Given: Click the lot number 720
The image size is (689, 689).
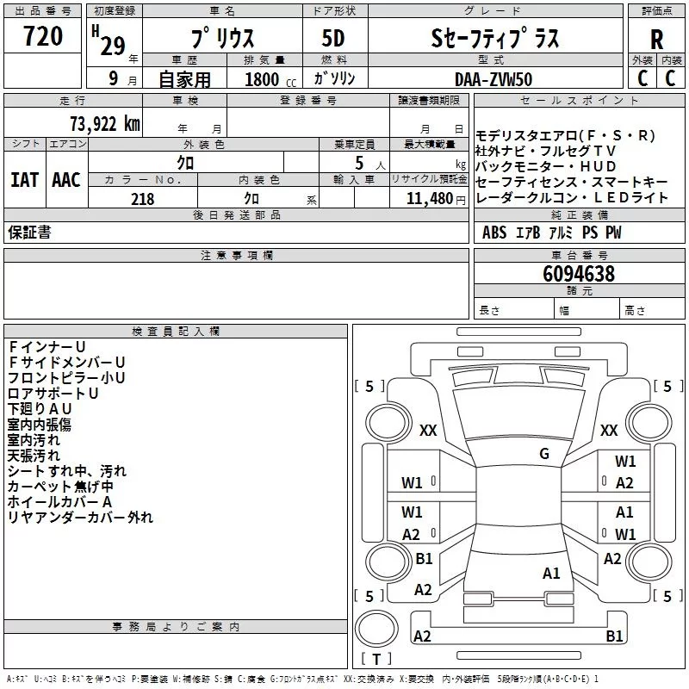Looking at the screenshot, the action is pyautogui.click(x=42, y=37).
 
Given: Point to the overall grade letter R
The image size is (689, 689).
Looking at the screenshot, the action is pyautogui.click(x=656, y=40).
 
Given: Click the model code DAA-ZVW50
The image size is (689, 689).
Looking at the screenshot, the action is pyautogui.click(x=494, y=78).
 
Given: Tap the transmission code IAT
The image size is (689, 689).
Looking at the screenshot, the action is pyautogui.click(x=24, y=180).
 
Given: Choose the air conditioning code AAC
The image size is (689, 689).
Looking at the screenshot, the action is pyautogui.click(x=65, y=180).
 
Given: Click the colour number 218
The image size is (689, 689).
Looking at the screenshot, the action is pyautogui.click(x=142, y=199).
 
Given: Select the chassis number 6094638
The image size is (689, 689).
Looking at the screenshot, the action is pyautogui.click(x=579, y=275).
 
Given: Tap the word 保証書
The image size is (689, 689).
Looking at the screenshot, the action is pyautogui.click(x=29, y=233).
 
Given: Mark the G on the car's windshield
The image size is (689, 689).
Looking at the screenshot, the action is pyautogui.click(x=544, y=454).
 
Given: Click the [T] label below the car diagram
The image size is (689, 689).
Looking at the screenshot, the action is pyautogui.click(x=376, y=660).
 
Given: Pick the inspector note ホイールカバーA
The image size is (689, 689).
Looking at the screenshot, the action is pyautogui.click(x=60, y=502).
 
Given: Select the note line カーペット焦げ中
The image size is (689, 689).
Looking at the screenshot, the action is pyautogui.click(x=60, y=487).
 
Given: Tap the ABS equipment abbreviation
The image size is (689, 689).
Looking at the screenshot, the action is pyautogui.click(x=494, y=233).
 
